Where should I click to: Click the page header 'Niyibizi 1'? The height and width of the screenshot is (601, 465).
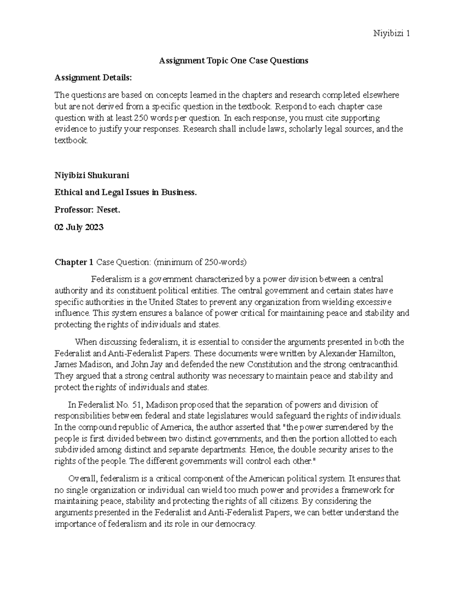click(x=391, y=34)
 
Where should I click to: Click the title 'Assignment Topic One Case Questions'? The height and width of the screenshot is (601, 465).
click(x=234, y=60)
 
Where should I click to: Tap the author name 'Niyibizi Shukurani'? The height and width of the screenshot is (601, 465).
click(x=92, y=175)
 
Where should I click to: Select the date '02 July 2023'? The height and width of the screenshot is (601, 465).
click(x=79, y=227)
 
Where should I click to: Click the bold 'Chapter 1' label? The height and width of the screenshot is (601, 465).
click(x=74, y=262)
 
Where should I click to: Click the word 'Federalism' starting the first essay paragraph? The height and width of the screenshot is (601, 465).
click(x=110, y=279)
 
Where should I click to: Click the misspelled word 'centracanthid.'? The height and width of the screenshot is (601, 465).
click(x=373, y=364)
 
